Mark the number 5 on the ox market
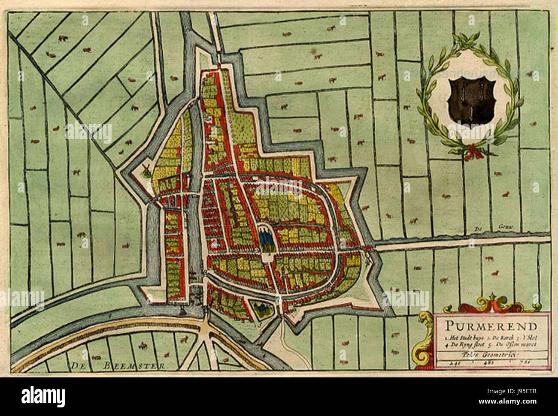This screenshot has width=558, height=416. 242,128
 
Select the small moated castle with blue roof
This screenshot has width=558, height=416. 259,307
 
